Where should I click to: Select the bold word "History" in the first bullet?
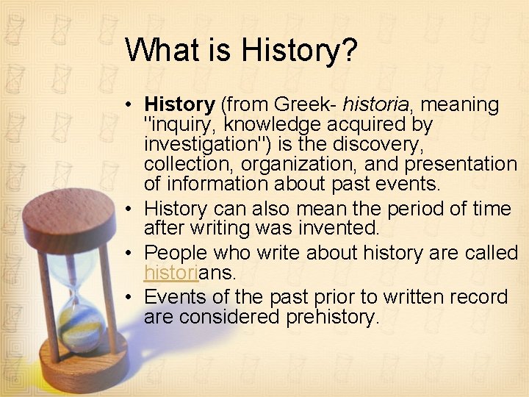click(179, 105)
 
